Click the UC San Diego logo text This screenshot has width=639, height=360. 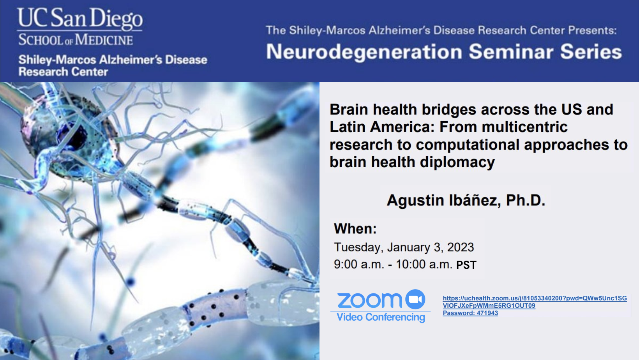[79, 18]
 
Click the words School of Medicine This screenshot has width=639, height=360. [76, 40]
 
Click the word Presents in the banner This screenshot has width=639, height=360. [592, 30]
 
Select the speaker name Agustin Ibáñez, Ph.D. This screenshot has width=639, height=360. [466, 200]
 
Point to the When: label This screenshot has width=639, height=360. [355, 229]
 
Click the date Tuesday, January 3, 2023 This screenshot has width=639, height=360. [404, 247]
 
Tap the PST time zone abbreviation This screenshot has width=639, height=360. [466, 265]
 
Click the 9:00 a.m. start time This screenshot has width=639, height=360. [358, 265]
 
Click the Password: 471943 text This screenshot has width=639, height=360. [470, 313]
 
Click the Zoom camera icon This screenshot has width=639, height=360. [415, 299]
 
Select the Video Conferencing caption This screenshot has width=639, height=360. [381, 318]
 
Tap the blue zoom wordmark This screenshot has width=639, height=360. [369, 300]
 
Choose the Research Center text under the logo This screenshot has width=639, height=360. [63, 72]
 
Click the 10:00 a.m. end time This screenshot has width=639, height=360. [424, 265]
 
